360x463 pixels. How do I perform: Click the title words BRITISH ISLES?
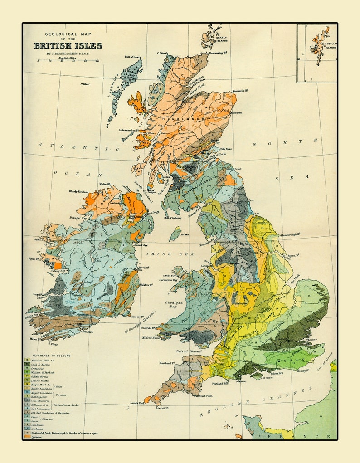68,46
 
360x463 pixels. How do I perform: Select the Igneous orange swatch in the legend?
27,437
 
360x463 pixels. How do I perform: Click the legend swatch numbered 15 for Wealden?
27,372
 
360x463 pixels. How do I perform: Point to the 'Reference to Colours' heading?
51,356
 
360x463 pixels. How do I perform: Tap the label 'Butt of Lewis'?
132,57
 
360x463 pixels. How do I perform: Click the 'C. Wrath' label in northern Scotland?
162,54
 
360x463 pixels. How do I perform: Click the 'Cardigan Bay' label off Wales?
169,304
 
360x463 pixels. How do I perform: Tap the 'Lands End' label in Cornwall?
137,403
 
